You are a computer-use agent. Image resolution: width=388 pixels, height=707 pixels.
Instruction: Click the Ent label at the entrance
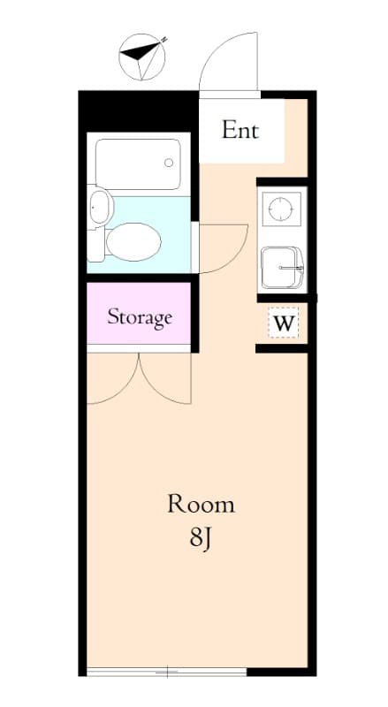[x=240, y=130]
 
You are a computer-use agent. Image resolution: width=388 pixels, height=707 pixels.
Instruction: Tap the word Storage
[x=140, y=317]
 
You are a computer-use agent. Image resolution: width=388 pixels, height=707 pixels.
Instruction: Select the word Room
[x=201, y=504]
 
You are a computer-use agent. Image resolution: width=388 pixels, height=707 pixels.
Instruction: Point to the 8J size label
[x=201, y=539]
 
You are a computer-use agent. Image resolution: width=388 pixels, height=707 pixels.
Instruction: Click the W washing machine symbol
[x=284, y=323]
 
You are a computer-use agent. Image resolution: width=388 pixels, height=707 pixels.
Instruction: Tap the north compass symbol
[x=142, y=57]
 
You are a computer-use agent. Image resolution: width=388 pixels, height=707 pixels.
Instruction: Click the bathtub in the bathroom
[x=138, y=164]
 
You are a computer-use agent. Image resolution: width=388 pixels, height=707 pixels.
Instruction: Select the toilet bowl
[x=133, y=241]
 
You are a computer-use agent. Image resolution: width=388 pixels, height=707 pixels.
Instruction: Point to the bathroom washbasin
[x=100, y=208]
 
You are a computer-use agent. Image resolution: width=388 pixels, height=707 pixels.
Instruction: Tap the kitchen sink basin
[x=283, y=268]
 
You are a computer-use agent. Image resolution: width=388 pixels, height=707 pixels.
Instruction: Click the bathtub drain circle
[x=169, y=163]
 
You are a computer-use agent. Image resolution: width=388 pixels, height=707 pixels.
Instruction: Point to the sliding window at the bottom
[x=166, y=672]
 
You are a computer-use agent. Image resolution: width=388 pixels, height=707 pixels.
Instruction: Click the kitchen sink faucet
[x=292, y=268]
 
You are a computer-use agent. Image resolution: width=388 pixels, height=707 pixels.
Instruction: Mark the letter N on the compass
[x=164, y=39]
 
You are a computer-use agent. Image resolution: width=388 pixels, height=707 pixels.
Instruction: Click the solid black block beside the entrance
[x=139, y=111]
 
